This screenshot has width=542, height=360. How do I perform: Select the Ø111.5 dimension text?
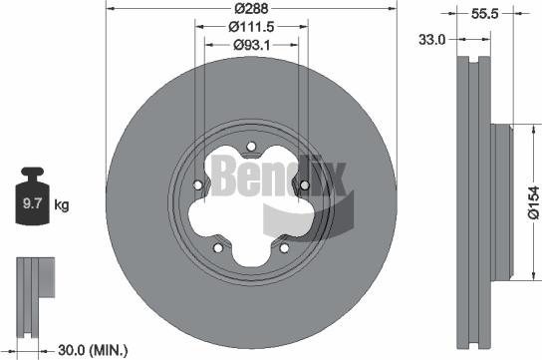(250, 28)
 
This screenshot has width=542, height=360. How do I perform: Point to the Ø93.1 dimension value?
(250, 45)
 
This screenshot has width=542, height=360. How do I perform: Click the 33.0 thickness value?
(431, 39)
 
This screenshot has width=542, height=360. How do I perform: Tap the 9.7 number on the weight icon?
(31, 206)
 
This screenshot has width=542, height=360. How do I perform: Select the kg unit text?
(61, 206)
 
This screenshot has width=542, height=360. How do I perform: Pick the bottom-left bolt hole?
(217, 248)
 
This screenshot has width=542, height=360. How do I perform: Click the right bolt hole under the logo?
(304, 185)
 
